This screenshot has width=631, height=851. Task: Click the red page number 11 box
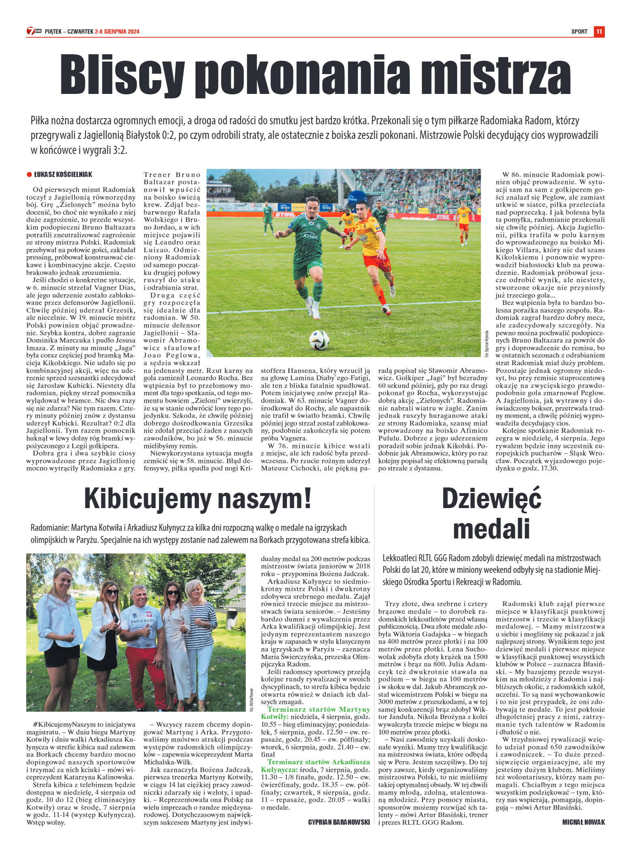pyautogui.click(x=599, y=32)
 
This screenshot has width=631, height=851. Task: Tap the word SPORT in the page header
pyautogui.click(x=579, y=32)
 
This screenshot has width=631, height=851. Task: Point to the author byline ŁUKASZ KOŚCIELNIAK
pyautogui.click(x=63, y=174)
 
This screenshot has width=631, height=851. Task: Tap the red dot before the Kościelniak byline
pyautogui.click(x=29, y=174)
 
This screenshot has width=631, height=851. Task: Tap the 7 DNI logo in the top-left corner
pyautogui.click(x=34, y=31)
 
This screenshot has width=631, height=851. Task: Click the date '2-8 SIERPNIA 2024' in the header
pyautogui.click(x=117, y=32)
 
